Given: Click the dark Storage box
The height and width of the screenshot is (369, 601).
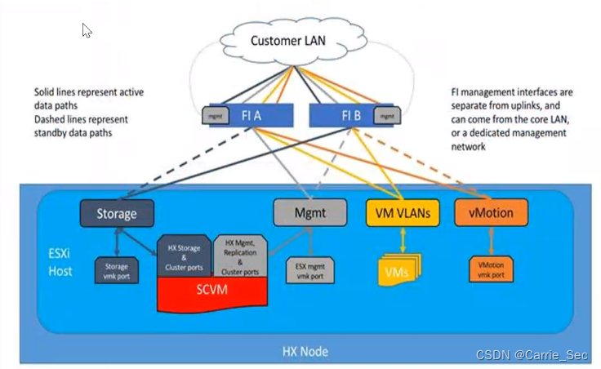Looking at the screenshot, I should [118, 214].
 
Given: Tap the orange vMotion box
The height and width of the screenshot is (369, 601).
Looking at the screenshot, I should [491, 214].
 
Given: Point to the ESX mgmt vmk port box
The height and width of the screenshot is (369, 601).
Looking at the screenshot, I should [309, 270].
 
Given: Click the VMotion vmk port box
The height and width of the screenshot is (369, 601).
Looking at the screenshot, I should [492, 270].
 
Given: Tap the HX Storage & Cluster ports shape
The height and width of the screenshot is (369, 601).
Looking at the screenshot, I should [186, 255].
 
